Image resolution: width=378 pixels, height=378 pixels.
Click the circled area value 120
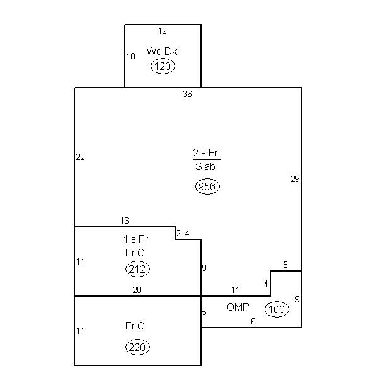(x=163, y=66)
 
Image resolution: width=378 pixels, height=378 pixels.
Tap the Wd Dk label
(x=162, y=51)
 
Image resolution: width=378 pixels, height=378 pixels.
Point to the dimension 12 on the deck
(x=163, y=31)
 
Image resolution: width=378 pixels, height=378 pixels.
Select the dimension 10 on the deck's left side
(x=131, y=56)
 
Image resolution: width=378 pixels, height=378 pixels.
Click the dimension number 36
(x=187, y=94)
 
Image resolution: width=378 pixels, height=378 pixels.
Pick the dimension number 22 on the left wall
(x=80, y=157)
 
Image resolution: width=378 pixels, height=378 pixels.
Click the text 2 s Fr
(x=205, y=152)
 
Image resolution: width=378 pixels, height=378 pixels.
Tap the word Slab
(x=205, y=166)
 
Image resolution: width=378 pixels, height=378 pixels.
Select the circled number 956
(x=207, y=186)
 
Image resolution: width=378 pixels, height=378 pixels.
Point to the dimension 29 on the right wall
(x=295, y=179)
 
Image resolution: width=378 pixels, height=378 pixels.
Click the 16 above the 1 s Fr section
(x=125, y=220)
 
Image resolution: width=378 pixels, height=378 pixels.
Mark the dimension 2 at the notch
(x=178, y=233)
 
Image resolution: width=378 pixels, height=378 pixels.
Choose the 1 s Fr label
(x=135, y=239)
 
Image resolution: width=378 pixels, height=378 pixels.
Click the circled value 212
(x=137, y=269)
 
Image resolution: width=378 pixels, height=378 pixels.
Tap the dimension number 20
(x=137, y=290)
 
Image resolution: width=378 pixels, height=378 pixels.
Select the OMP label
(x=238, y=307)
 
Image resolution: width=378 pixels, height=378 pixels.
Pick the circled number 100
(x=277, y=309)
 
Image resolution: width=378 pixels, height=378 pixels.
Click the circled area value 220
(x=137, y=347)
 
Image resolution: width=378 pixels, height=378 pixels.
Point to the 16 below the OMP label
(x=251, y=321)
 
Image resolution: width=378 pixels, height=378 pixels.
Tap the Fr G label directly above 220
(x=135, y=326)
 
